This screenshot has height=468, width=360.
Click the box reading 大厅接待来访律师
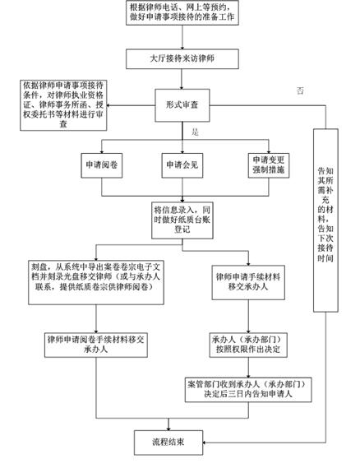182,58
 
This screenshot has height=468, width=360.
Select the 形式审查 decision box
182,105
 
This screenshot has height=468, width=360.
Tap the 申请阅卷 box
102,165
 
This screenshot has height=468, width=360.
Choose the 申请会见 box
182,165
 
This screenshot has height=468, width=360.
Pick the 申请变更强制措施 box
269,165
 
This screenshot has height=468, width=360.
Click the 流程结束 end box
168,443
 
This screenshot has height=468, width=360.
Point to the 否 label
300,90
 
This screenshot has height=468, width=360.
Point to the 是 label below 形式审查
195,132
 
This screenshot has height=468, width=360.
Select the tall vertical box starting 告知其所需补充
325,220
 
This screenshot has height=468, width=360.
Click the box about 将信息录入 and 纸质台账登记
182,220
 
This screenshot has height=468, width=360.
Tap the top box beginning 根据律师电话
182,12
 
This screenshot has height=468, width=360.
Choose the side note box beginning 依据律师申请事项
63,105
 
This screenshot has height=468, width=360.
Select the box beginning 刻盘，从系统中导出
96,282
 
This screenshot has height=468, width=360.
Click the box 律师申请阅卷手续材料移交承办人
96,345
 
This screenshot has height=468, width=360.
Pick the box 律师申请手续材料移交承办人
248,282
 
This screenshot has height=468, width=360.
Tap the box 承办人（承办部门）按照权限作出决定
248,345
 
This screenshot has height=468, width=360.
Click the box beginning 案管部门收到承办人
248,390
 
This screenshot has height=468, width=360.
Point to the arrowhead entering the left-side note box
108,105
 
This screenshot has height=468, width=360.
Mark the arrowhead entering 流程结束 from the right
205,443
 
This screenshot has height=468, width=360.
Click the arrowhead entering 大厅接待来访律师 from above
182,48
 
